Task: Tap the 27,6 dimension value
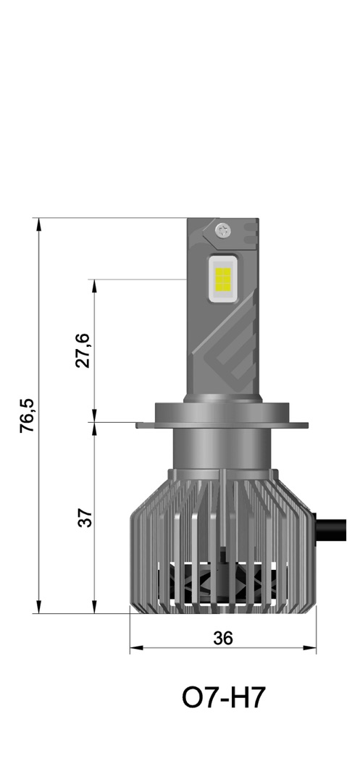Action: [83, 350]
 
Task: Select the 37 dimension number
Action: [85, 518]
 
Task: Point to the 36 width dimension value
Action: [223, 638]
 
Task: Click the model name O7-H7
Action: [223, 697]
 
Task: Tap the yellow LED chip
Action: [223, 279]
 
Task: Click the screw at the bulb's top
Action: [223, 230]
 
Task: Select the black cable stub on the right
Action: [330, 529]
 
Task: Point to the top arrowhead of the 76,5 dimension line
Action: [39, 224]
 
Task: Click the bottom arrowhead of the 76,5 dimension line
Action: [39, 607]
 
